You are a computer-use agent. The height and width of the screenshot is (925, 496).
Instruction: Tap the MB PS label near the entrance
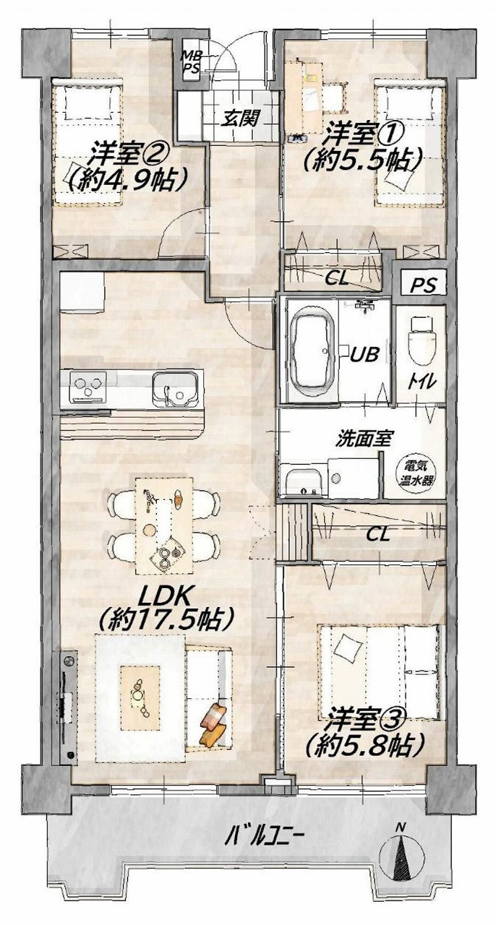(191, 61)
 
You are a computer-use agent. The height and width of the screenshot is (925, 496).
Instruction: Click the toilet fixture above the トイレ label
(422, 340)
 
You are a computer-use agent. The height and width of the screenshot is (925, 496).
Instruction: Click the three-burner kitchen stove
(88, 387)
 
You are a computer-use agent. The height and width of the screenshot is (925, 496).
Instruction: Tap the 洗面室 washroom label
(363, 439)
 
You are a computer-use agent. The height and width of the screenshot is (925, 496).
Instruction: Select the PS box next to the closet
(424, 285)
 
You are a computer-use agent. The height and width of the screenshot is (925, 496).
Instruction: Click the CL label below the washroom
(378, 535)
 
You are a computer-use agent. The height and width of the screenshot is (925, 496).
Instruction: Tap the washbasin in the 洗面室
(302, 482)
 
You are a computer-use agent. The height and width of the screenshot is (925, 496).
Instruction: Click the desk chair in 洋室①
(333, 98)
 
